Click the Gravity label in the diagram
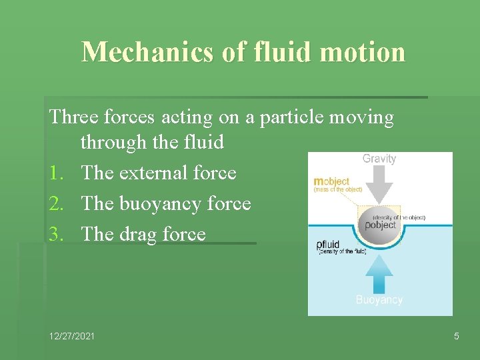[x=379, y=159]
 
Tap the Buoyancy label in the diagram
[x=379, y=300]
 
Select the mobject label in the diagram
[x=331, y=181]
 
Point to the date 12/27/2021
[x=71, y=336]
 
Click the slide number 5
[x=456, y=336]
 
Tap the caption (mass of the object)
[x=337, y=189]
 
